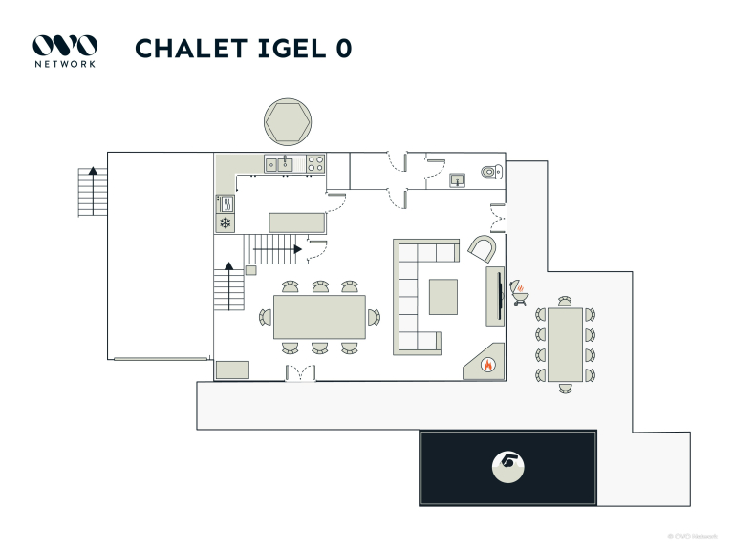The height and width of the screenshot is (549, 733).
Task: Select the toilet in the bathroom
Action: point(490,172)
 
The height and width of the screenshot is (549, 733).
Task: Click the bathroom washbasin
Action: point(458,179)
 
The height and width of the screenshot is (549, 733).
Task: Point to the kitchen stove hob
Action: point(315,164)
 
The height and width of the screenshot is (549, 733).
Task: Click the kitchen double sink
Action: point(279,164)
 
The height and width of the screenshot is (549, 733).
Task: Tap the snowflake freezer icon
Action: point(226,223)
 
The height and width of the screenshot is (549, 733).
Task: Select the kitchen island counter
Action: point(297,222)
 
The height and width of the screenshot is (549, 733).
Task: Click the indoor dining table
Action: point(319,317)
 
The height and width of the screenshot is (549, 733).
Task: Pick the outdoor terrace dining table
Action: point(565,345)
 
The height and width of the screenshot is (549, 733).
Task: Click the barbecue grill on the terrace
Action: point(522,291)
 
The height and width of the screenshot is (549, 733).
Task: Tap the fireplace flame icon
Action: point(487,364)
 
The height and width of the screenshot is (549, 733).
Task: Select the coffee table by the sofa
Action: point(442,295)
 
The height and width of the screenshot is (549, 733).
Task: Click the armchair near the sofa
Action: point(483,250)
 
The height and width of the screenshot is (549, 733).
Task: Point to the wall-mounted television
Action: point(496,296)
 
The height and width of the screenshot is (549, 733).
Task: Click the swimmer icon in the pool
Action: point(508,466)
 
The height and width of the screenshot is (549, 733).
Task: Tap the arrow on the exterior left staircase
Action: point(93,170)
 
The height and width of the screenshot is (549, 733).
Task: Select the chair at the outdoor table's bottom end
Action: point(565,388)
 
